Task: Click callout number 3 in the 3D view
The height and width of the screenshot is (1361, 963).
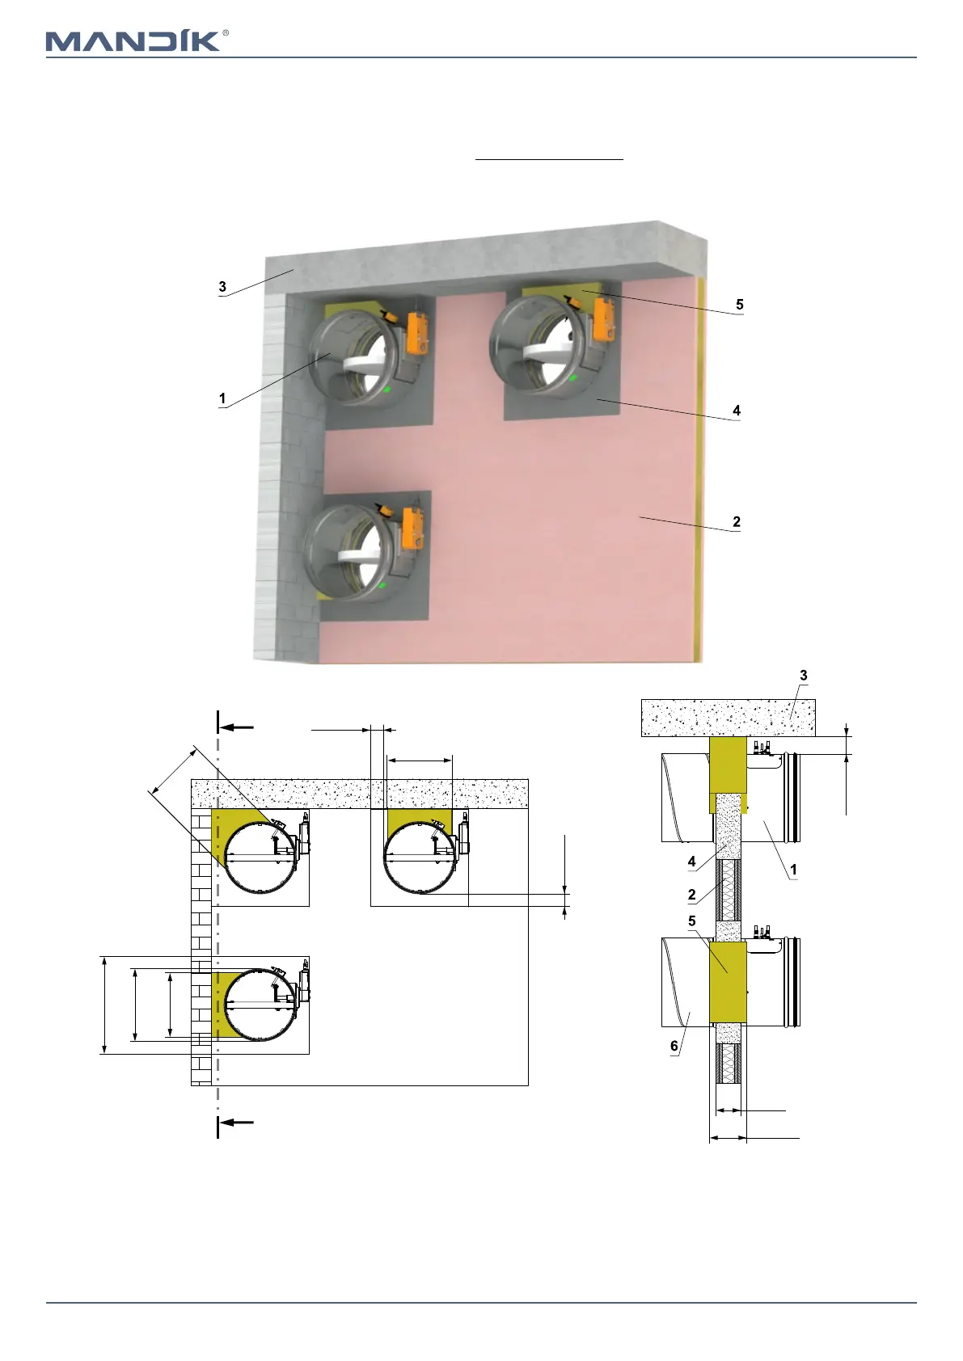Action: click(x=222, y=286)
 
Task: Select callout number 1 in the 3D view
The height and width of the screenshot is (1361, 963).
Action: click(x=222, y=398)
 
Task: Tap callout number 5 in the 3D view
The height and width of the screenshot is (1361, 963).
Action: click(x=739, y=305)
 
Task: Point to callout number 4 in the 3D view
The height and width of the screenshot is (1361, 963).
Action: click(x=737, y=411)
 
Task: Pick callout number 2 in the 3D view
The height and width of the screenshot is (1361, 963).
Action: click(x=737, y=522)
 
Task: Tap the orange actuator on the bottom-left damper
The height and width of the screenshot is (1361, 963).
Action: click(x=413, y=524)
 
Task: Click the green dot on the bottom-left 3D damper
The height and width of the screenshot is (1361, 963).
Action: click(x=382, y=585)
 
